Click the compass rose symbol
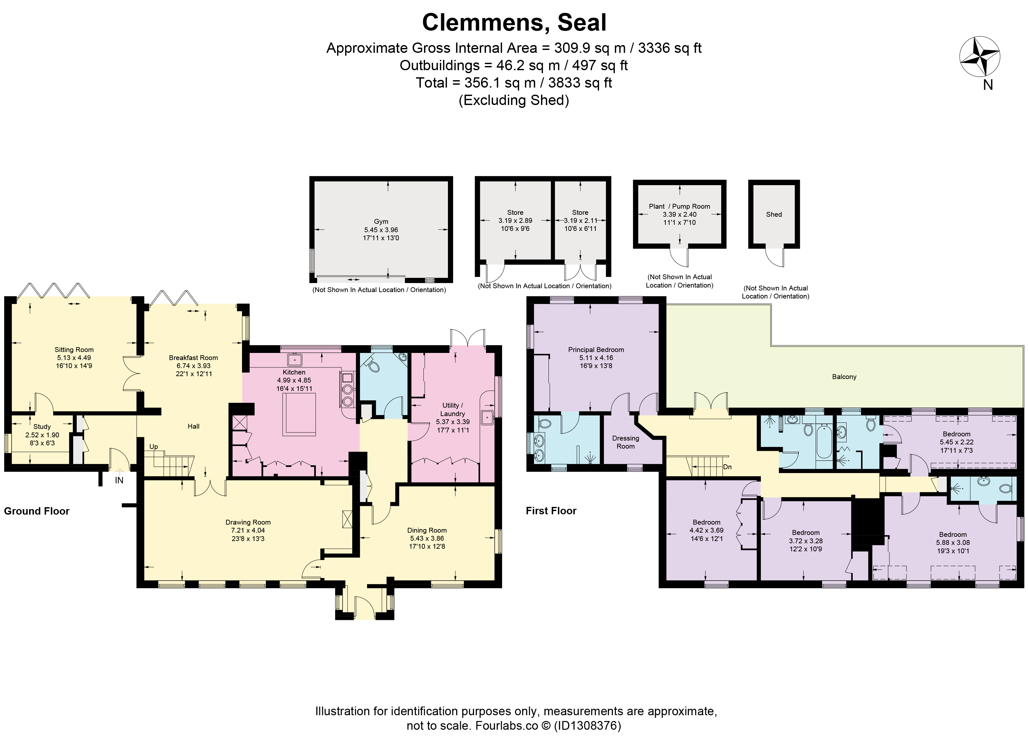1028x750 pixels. point(979,58)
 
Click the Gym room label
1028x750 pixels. point(381,222)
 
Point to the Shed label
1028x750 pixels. point(774,214)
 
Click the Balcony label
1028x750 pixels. point(844,377)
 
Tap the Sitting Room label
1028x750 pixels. point(74,350)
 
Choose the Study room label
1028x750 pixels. point(42,427)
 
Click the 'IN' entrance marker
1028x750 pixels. point(119,480)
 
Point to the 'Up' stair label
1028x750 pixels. point(153,447)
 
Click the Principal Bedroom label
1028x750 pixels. point(596,350)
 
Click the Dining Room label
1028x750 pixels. point(427,530)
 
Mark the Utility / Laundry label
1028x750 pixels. point(452,410)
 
